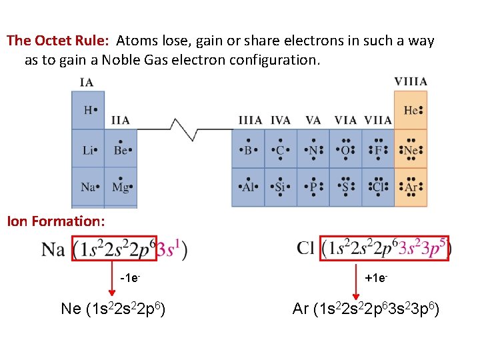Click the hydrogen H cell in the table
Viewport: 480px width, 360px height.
point(88,110)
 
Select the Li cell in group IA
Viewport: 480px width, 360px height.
point(88,149)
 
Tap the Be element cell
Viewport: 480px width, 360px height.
point(121,149)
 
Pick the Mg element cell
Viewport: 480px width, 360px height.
point(121,187)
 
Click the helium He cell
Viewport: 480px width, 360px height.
point(411,110)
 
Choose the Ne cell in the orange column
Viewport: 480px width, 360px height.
point(411,149)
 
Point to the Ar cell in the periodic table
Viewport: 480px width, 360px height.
point(411,187)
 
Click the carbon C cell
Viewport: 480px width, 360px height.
point(281,149)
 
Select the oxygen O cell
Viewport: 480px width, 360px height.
point(345,149)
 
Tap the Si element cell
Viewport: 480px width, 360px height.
point(281,187)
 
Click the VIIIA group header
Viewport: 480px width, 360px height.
point(411,81)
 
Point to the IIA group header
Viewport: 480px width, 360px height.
point(121,120)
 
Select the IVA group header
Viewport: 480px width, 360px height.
point(281,120)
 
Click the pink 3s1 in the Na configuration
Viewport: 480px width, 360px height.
point(169,249)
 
